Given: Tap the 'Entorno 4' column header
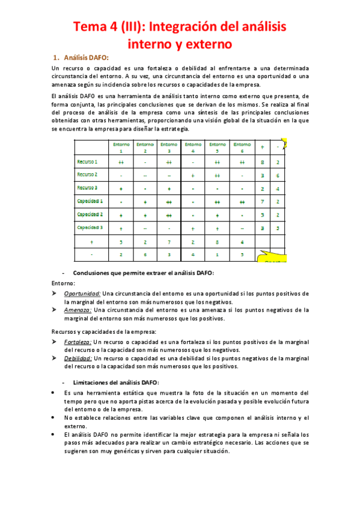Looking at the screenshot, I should (193, 147).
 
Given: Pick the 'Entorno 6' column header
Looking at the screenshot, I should (242, 147).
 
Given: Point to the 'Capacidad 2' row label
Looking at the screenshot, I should (90, 214).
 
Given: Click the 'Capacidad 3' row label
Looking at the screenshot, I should (90, 227).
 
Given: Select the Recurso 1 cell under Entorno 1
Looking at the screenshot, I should (121, 162).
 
